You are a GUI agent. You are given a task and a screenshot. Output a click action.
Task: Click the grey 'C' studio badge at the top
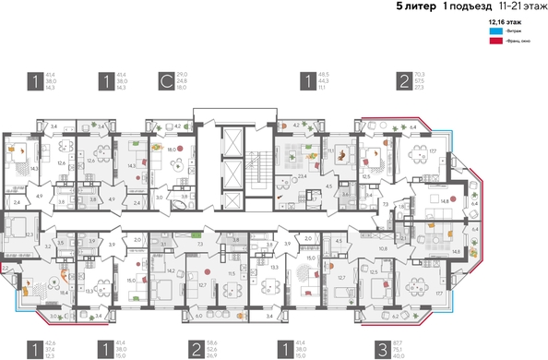[166, 81]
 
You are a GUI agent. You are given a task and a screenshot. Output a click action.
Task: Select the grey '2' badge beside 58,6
[197, 350]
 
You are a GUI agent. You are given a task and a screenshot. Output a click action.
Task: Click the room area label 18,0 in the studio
[171, 148]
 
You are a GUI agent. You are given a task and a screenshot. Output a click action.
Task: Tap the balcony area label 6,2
[397, 317]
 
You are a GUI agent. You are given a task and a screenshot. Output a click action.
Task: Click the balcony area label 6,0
[200, 317]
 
